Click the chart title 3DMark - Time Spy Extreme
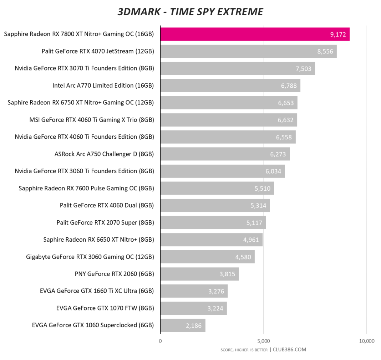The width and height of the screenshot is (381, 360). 190,11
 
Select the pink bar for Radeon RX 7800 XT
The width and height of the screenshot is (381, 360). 255,34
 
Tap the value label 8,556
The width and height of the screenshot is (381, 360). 325,51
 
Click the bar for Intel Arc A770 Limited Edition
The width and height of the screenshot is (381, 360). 230,86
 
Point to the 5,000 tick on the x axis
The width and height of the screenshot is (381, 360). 263,341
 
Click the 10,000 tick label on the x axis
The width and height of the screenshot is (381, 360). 366,341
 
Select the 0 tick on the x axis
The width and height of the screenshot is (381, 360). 160,341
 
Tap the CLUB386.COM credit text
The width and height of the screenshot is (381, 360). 289,349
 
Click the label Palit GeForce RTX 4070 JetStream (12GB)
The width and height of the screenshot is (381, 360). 98,51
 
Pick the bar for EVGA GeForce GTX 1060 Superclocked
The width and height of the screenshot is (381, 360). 183,325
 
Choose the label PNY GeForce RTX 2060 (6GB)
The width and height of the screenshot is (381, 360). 114,274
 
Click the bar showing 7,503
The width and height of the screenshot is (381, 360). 238,68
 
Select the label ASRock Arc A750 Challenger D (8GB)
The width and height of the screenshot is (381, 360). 104,154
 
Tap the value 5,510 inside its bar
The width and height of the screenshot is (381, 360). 262,188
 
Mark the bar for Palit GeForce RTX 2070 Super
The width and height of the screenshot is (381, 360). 213,222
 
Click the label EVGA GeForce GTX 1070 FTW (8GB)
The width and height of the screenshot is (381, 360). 105,308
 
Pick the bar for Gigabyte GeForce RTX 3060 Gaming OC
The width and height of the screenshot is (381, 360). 207,257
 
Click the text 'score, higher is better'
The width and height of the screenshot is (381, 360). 244,350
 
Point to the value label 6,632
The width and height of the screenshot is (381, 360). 285,120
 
